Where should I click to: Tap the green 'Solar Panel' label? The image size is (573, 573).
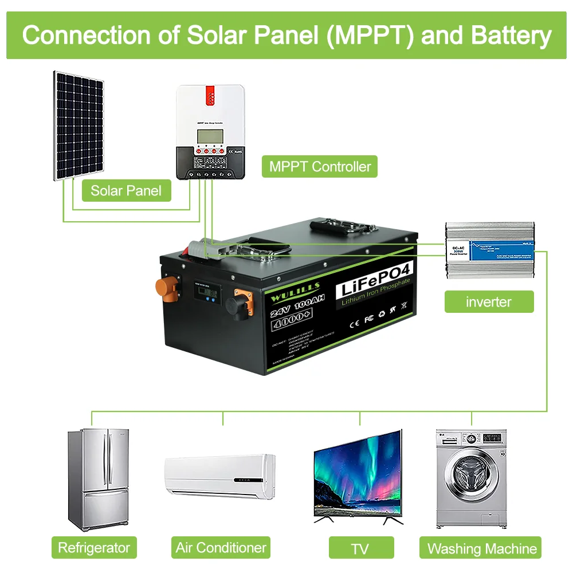[x=126, y=190]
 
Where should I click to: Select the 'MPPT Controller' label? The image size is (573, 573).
[x=320, y=167]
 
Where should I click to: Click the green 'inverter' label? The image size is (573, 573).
[x=488, y=301]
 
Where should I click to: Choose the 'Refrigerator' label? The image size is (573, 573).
[x=94, y=548]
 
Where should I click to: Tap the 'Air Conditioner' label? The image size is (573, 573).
[x=221, y=548]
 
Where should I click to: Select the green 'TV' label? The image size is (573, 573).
[x=359, y=549]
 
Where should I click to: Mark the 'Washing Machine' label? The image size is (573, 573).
[x=482, y=549]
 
